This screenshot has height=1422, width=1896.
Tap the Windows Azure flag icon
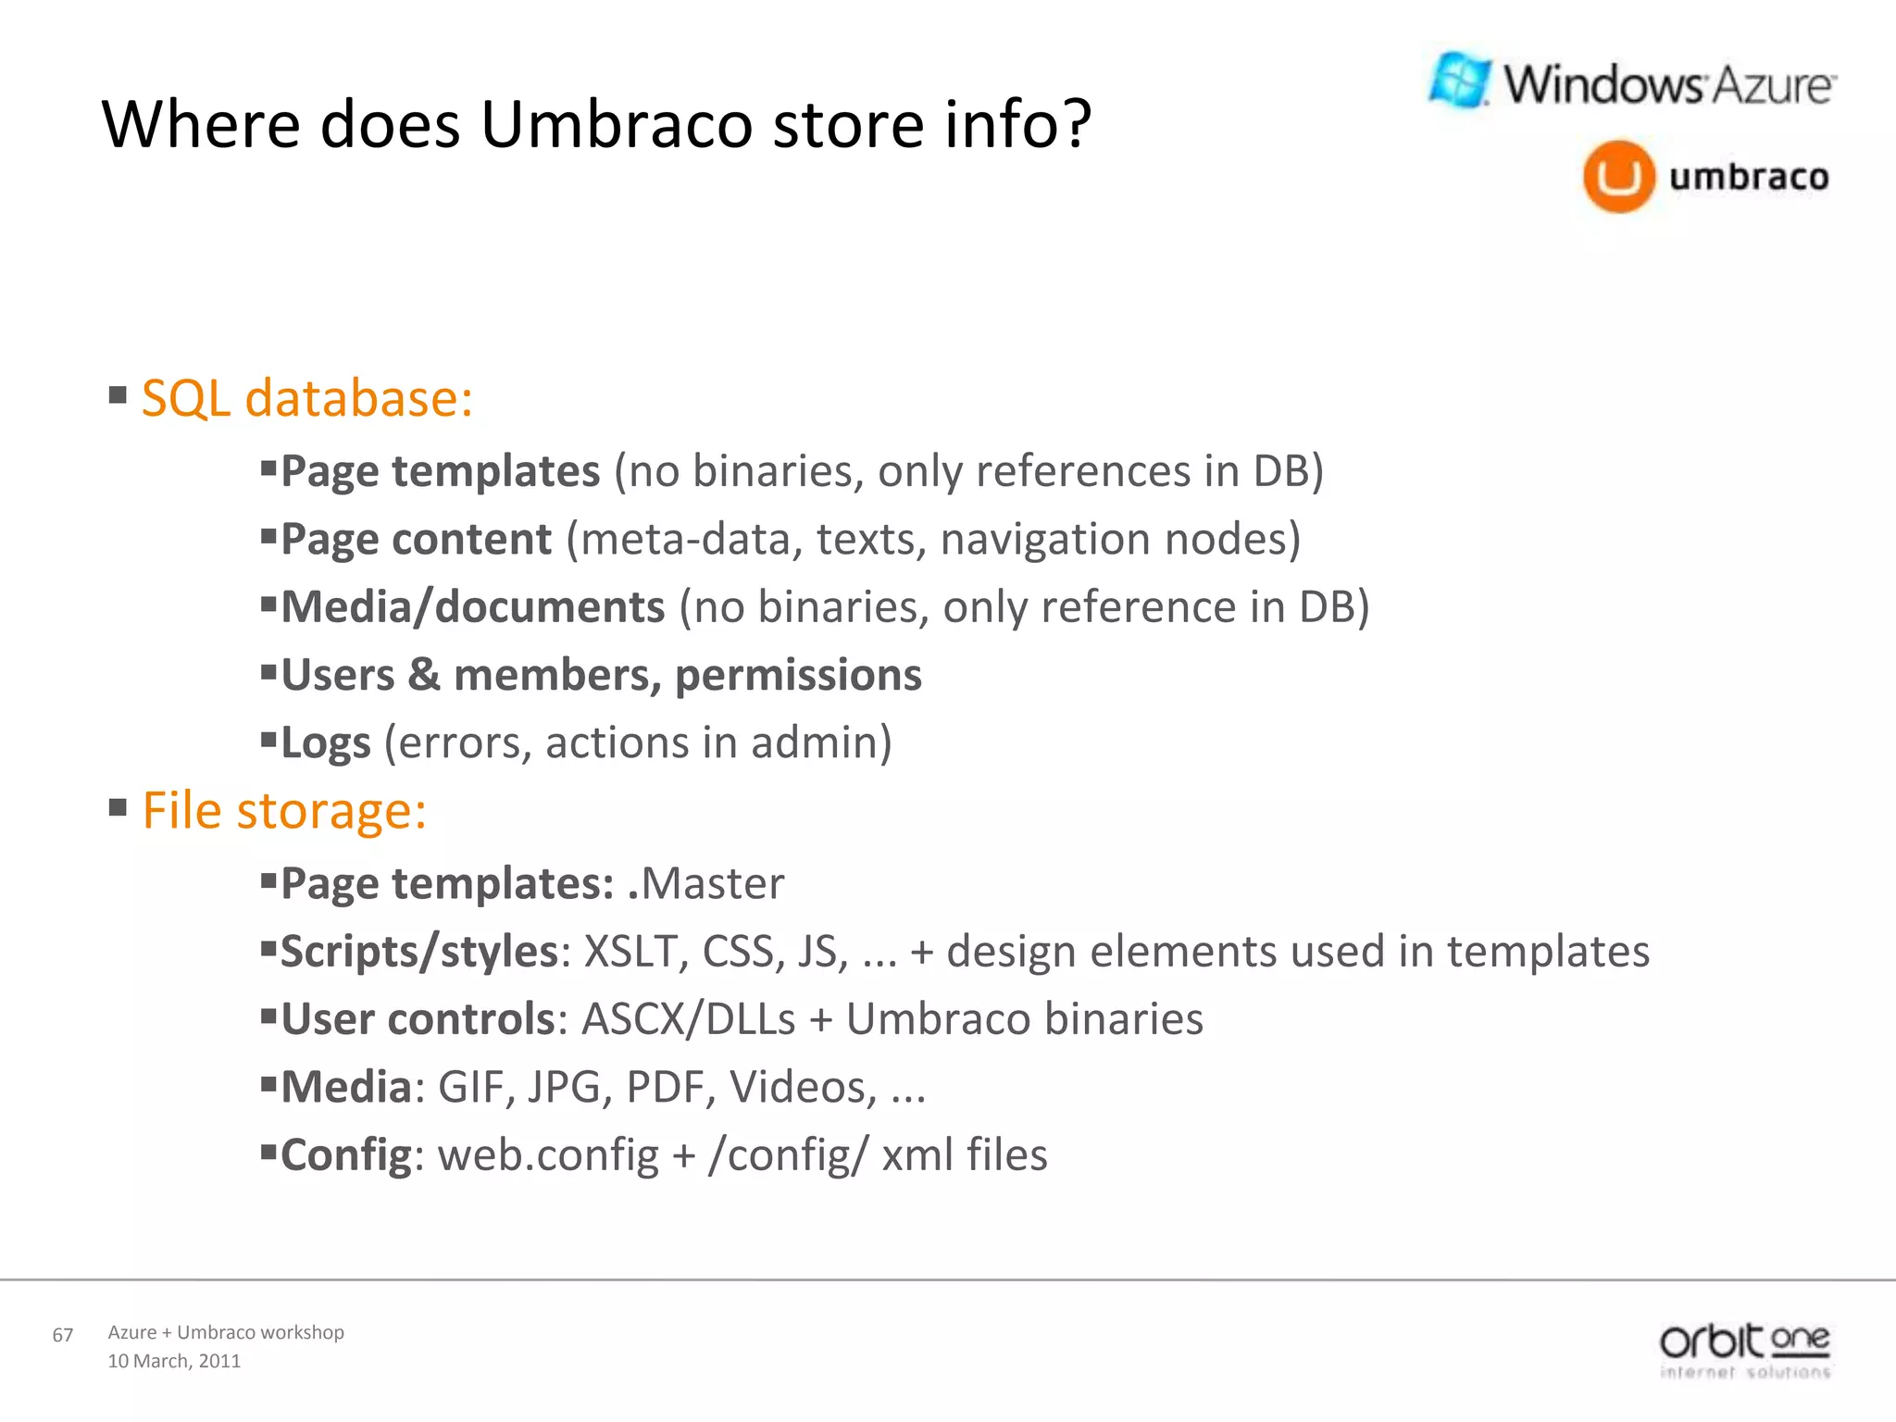(1460, 81)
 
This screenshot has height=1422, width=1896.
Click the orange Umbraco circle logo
(1618, 177)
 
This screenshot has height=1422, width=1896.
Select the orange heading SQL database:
(306, 398)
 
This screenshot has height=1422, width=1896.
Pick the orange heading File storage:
(283, 811)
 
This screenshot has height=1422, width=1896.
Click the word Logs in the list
(325, 743)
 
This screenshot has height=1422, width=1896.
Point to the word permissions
(798, 675)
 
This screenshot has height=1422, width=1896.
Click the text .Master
(705, 883)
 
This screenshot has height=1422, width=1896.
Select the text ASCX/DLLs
(688, 1019)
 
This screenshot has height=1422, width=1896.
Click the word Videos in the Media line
(802, 1087)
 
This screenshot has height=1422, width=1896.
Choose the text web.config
(548, 1155)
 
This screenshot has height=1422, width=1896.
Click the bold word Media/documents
(472, 607)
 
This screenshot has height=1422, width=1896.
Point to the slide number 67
(63, 1335)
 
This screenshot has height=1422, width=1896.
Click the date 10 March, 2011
(174, 1361)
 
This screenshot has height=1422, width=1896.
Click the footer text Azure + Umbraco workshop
(226, 1332)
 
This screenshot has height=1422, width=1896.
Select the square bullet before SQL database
(118, 396)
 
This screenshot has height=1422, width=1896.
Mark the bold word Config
(345, 1155)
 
